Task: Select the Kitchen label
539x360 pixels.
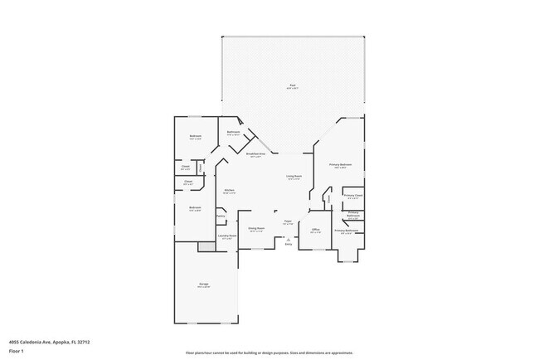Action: pos(229,191)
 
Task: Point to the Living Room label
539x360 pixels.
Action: pos(294,177)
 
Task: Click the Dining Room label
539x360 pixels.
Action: pos(256,228)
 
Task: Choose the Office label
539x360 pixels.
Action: pos(315,230)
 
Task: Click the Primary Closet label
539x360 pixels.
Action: pos(353,197)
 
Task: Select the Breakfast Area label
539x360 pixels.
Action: pos(257,154)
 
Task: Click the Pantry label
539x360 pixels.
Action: pos(221,216)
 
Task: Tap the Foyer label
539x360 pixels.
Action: pos(289,221)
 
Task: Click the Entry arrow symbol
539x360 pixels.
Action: pos(289,239)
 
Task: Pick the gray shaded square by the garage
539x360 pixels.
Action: pos(205,247)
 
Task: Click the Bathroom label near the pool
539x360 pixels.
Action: pos(234,132)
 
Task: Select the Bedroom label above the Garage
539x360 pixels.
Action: pos(195,207)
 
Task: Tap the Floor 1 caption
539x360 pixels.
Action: pos(17,351)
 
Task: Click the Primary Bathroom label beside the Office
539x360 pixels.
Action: pos(346,231)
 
